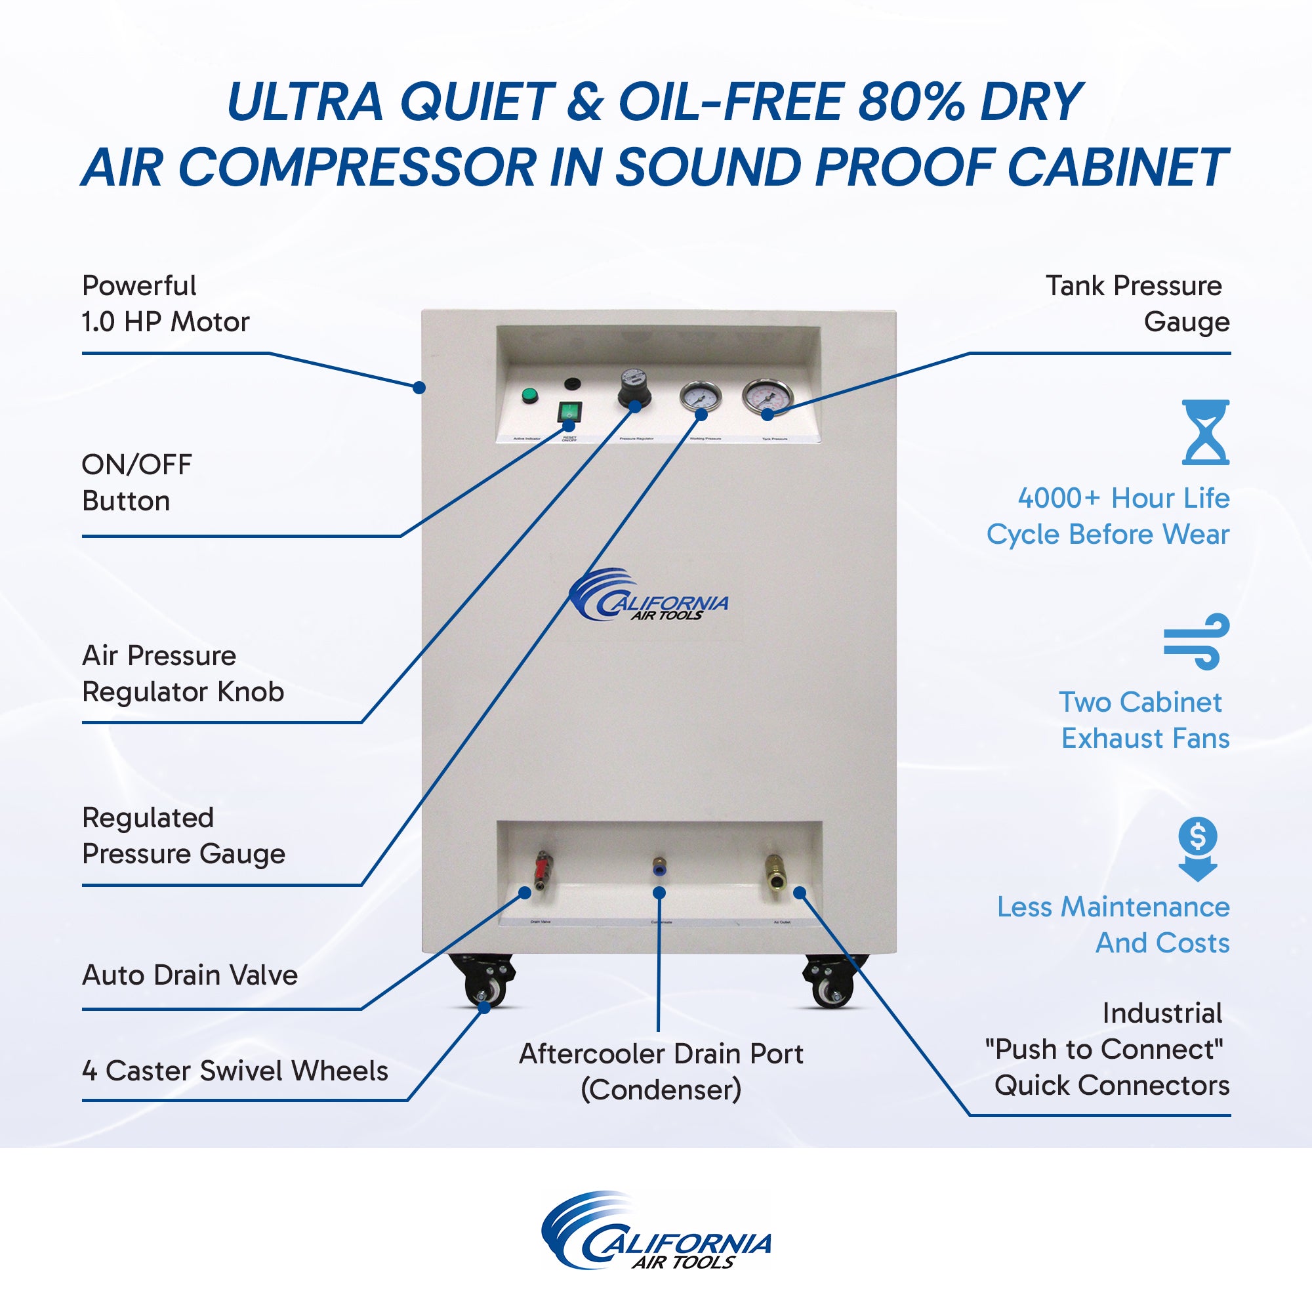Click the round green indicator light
[529, 395]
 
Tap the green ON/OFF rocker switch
[569, 411]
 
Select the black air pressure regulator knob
[633, 390]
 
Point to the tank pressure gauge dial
[768, 398]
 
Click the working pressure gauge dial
[700, 396]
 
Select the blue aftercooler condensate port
[658, 866]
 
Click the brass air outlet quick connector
[774, 871]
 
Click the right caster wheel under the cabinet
[832, 985]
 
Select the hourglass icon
[1205, 432]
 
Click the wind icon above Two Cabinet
[1197, 642]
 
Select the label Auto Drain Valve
[190, 975]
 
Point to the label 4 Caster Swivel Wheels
[235, 1071]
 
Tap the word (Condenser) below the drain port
[661, 1090]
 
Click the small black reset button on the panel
[573, 384]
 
